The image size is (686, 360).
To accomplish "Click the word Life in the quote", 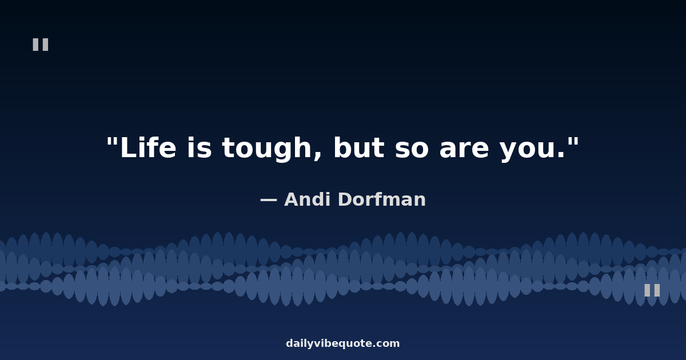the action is click(148, 147).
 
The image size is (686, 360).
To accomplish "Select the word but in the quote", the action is click(358, 147).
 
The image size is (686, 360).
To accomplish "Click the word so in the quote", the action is click(412, 149).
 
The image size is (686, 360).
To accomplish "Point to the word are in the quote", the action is click(464, 149).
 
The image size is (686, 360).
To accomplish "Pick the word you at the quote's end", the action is click(527, 151).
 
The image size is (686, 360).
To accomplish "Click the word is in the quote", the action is click(200, 147).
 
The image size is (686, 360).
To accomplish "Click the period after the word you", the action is click(561, 155).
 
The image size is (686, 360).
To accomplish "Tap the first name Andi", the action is click(308, 199).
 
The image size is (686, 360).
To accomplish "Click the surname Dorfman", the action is click(382, 199).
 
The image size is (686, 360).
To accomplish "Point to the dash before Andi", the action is click(269, 201).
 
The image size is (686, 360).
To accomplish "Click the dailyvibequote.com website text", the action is click(342, 343).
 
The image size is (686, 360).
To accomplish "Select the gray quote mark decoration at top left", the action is click(41, 45).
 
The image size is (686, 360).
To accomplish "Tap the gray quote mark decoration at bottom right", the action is click(652, 290).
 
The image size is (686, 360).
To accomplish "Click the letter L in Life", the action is click(128, 147).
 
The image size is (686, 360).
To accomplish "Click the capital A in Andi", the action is click(293, 199).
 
